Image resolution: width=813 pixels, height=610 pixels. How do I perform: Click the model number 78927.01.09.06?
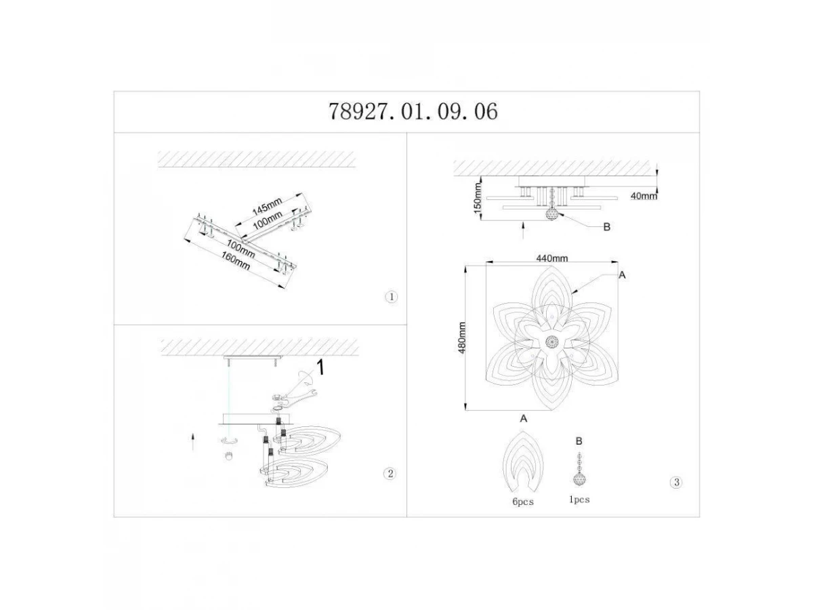[x=413, y=111]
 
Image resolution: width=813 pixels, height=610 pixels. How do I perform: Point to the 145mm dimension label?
[x=267, y=206]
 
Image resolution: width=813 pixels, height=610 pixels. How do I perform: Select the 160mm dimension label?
[x=236, y=261]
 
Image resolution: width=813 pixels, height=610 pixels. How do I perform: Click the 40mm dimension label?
[x=644, y=196]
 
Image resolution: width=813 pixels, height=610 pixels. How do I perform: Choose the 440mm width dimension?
[x=552, y=258]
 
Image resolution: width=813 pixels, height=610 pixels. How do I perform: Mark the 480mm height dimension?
[x=462, y=338]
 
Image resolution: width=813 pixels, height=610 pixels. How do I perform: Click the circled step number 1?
[x=391, y=297]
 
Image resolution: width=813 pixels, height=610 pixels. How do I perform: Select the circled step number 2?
[x=390, y=473]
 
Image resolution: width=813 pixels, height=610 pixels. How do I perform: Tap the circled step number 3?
[x=676, y=482]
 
